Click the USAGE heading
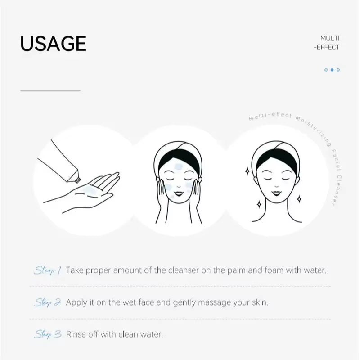point(53,43)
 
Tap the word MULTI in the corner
point(330,38)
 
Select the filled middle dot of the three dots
point(332,70)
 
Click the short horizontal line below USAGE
point(50,91)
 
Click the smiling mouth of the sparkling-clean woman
point(275,194)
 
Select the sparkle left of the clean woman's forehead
point(247,171)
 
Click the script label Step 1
point(45,270)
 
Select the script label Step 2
point(47,302)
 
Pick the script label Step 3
point(47,334)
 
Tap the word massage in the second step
point(210,302)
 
